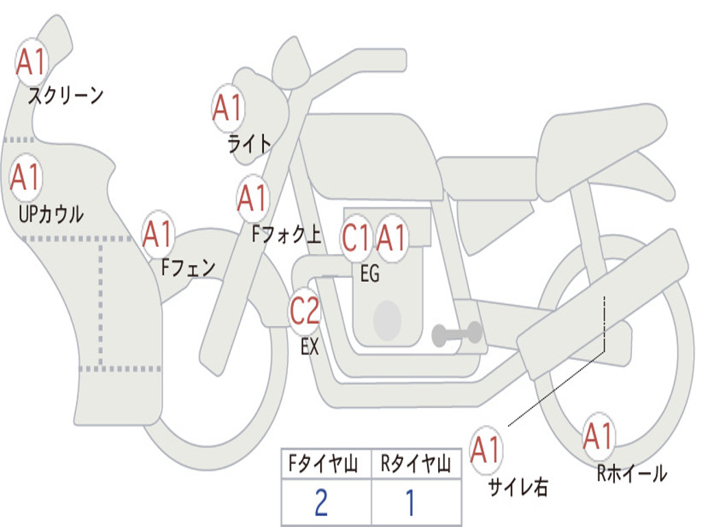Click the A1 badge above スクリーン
31,62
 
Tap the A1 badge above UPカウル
26,178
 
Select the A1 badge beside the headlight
227,108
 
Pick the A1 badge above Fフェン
158,235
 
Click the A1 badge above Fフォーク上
252,198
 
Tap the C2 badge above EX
304,312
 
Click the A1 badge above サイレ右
485,450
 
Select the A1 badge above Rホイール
598,436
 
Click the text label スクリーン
65,95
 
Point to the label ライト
249,143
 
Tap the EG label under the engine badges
370,274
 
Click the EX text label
310,347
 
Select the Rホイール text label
631,473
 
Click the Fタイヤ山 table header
326,465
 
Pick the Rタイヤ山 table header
415,465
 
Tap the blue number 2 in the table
321,503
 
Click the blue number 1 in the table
410,503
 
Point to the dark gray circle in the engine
387,320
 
